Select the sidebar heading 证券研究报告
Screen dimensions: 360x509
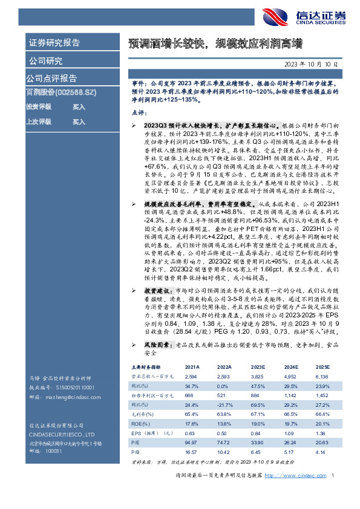[54, 43]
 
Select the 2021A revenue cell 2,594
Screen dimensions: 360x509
[191, 376]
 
